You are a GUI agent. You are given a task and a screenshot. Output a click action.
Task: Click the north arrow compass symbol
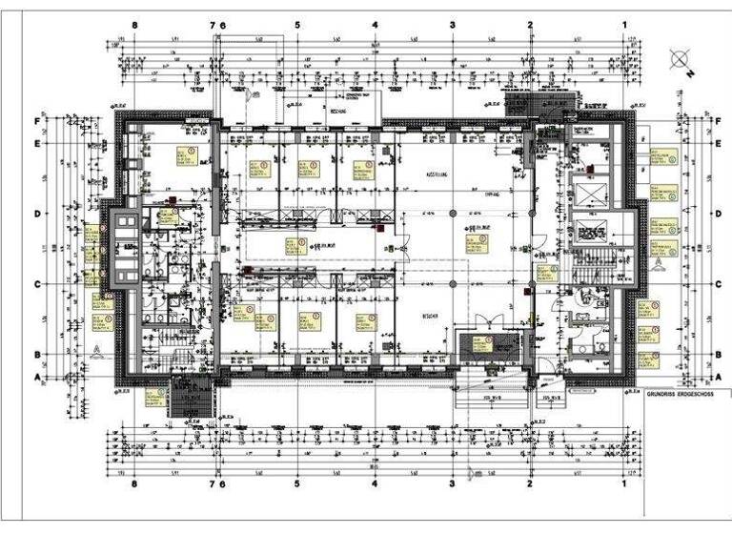[680, 60]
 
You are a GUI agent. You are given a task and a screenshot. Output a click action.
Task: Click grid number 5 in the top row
[297, 26]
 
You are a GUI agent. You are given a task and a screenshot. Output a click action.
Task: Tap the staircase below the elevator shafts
[583, 271]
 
